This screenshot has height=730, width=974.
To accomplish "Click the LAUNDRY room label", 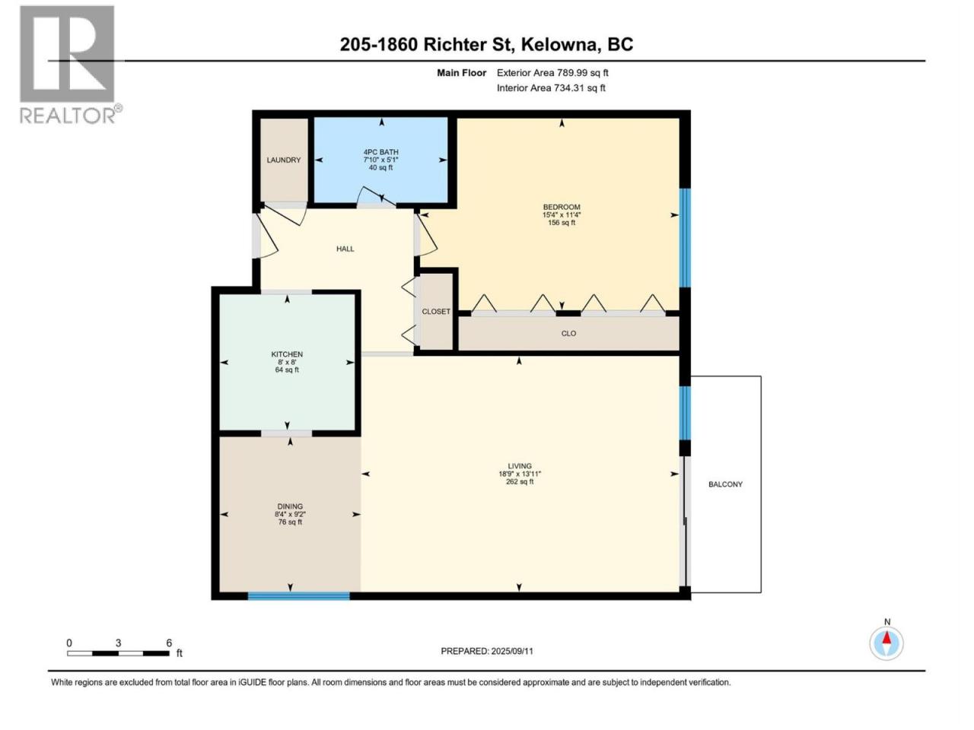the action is click(284, 160).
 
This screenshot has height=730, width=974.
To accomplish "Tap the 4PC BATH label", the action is click(380, 152).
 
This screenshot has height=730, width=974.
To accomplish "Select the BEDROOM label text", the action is click(562, 207).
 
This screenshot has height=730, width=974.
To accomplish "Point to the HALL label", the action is click(345, 249).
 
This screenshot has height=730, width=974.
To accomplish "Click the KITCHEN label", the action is click(287, 354).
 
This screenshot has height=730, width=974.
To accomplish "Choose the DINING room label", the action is click(290, 506).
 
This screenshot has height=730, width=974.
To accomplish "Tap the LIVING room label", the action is click(520, 466).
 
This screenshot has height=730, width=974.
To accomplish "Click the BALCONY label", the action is click(725, 484).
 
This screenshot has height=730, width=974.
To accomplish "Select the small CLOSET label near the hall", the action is click(436, 312).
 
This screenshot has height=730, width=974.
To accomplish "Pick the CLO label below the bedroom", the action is click(568, 333).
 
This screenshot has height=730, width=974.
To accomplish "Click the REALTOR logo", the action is click(71, 65).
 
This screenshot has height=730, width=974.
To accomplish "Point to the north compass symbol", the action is click(886, 643).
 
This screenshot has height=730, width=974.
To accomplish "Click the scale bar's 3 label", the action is click(118, 643).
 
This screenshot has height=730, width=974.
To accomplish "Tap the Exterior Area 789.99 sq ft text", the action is click(552, 73).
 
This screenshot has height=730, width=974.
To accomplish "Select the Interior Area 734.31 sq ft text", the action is click(551, 87).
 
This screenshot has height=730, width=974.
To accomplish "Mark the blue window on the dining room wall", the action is click(298, 596).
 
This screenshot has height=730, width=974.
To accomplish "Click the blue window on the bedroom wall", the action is click(686, 238).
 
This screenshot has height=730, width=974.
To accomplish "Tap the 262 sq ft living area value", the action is click(520, 481).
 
